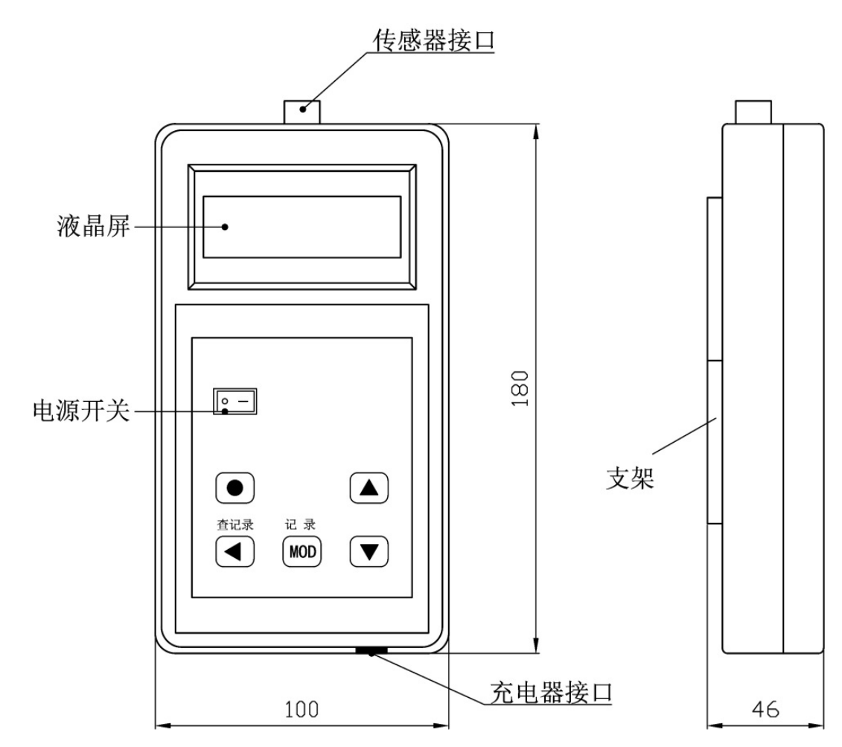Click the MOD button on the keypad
[302, 552]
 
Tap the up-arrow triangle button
[369, 488]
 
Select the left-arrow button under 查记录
[235, 552]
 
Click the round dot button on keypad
[235, 488]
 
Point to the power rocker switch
[235, 402]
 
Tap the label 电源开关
[80, 411]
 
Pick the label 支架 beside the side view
[629, 476]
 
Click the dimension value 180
[521, 387]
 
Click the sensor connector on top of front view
[302, 112]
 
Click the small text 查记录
[235, 524]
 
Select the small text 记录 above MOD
[302, 524]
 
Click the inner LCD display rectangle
[302, 228]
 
